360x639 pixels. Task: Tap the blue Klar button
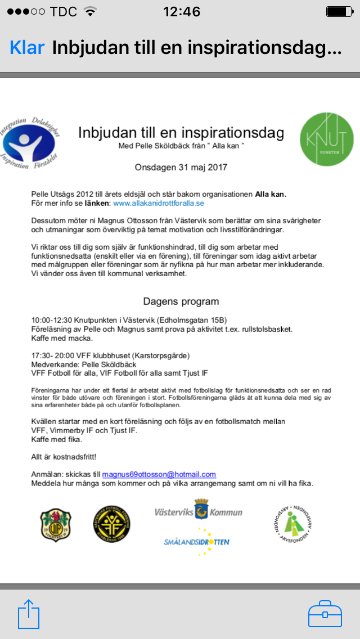[x=27, y=48]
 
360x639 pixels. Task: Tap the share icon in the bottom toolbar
[x=29, y=614]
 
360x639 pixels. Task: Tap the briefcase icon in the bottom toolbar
[x=325, y=613]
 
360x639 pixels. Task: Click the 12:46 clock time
[x=181, y=12]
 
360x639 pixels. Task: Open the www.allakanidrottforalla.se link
[x=159, y=203]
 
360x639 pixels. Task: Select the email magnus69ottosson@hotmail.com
[x=159, y=474]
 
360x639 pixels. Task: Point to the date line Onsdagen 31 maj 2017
[x=181, y=167]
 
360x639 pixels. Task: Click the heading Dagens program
[x=181, y=301]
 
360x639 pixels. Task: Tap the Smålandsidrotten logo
[x=197, y=542]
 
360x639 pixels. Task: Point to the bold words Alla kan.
[x=271, y=194]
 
